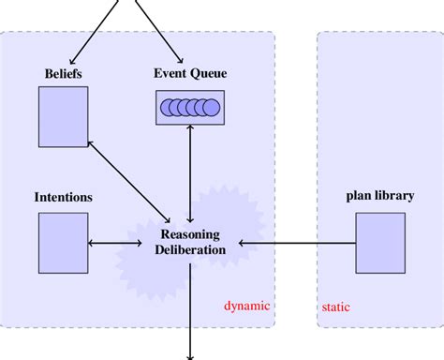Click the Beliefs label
tap(64, 72)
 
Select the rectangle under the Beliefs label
tap(64, 116)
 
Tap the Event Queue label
tap(190, 72)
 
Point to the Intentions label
tap(63, 198)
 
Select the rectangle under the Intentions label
tap(63, 242)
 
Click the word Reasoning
tap(190, 234)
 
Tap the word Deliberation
tap(190, 250)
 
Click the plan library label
tap(379, 196)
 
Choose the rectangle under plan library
tap(379, 242)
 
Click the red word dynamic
tap(246, 306)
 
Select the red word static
tap(336, 306)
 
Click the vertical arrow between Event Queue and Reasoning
tap(191, 173)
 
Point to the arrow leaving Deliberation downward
tap(191, 309)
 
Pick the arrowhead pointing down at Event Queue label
tap(179, 59)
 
